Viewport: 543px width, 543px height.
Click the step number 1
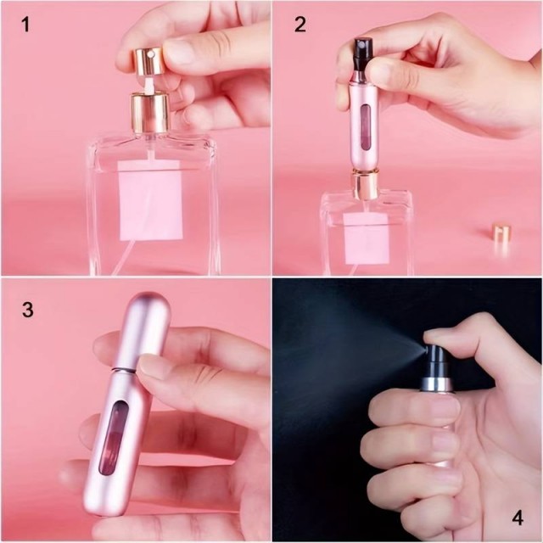(25, 25)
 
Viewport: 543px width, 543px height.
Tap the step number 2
(299, 25)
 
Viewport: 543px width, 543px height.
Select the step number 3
(27, 310)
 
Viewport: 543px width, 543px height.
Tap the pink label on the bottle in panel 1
(150, 200)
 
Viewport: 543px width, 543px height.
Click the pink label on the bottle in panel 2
(367, 238)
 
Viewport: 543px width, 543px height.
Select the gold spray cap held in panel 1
(148, 61)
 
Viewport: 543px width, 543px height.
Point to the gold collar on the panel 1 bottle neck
(149, 112)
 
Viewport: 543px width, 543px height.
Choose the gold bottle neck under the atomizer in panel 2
(365, 185)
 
